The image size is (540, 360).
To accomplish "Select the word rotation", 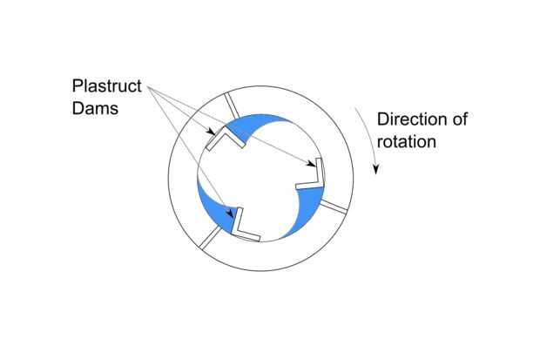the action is [x=407, y=140].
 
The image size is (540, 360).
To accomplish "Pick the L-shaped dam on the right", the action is [x=312, y=176].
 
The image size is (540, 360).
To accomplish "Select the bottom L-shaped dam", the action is [x=246, y=226].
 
